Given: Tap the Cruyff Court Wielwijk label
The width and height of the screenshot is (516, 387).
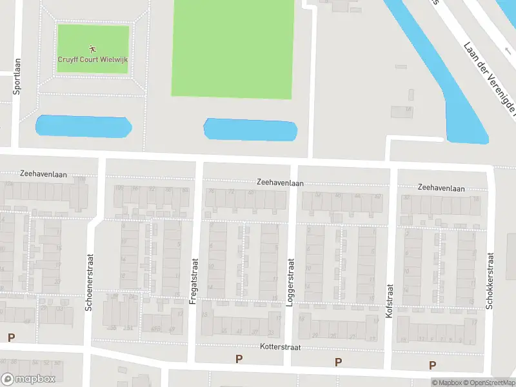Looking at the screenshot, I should [x=93, y=59].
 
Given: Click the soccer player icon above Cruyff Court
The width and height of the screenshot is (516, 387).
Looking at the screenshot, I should [x=93, y=48].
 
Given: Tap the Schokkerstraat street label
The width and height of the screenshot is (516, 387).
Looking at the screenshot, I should [x=490, y=281].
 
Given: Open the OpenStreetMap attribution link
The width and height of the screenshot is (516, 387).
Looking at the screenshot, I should [x=488, y=383].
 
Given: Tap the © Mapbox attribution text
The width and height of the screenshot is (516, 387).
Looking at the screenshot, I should [x=447, y=383].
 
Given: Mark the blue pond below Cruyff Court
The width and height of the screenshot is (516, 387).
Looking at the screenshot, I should [x=83, y=126].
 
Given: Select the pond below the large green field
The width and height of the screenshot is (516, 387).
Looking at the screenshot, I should [x=250, y=130].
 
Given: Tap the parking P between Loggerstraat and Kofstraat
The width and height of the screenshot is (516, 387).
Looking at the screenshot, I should [x=338, y=362].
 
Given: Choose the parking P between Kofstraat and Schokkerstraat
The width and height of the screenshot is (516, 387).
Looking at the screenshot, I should [x=432, y=365].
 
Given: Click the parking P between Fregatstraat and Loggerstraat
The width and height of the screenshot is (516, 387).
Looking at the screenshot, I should [x=239, y=359].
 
